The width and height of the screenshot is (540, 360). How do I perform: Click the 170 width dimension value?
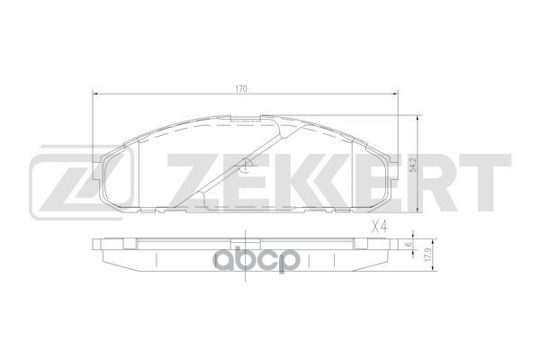click(x=240, y=89)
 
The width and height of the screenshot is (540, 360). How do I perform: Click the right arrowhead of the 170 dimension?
click(x=400, y=95)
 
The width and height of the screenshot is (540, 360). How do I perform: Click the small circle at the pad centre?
click(x=247, y=165)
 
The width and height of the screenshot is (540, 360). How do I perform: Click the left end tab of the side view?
click(x=100, y=243)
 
